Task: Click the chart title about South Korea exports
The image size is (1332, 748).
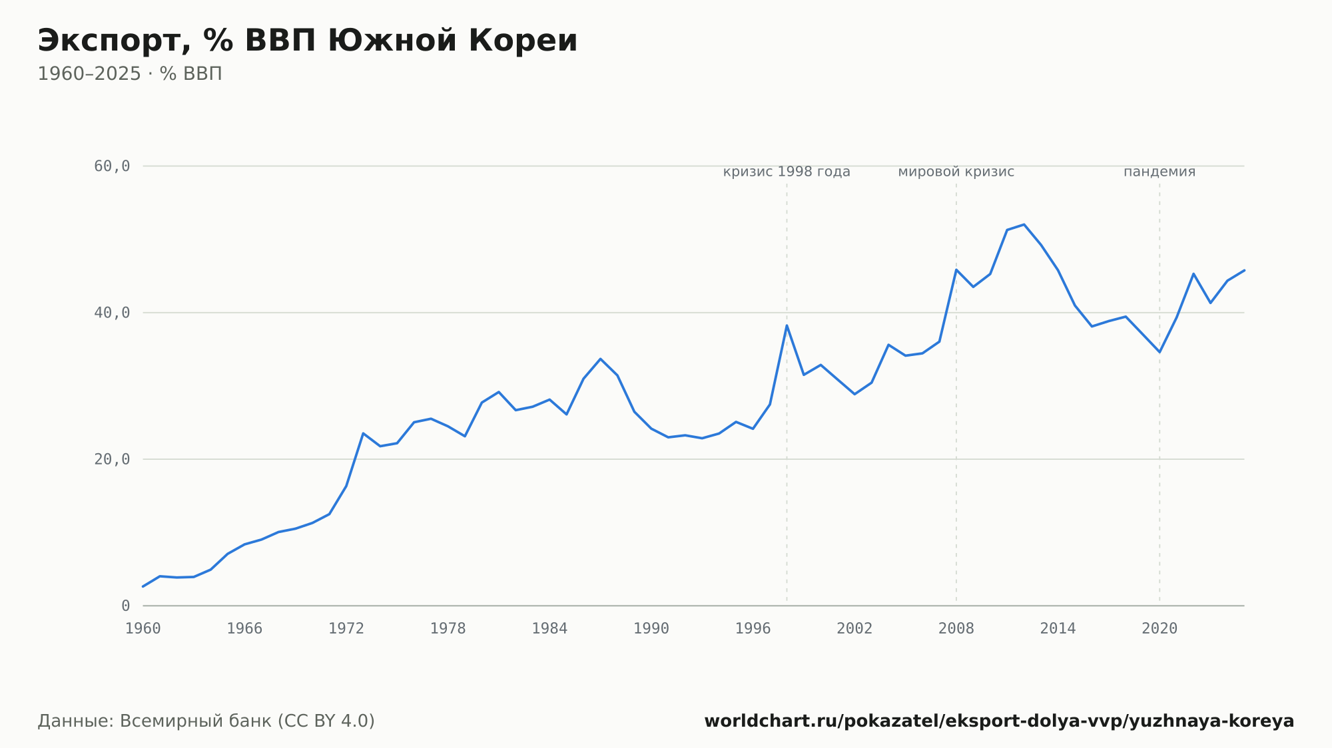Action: tap(307, 41)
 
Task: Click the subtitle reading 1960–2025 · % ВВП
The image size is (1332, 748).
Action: tap(130, 74)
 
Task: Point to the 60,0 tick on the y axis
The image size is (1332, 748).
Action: tap(112, 166)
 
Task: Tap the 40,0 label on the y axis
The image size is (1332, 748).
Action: tap(112, 313)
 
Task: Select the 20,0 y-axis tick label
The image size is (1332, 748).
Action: tap(112, 459)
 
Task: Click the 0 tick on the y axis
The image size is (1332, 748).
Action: tap(125, 606)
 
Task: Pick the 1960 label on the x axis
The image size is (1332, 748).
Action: tap(143, 629)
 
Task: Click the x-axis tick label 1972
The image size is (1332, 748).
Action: tap(346, 629)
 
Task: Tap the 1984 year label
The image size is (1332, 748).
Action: tap(549, 629)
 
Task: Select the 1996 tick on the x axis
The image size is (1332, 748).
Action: tap(753, 629)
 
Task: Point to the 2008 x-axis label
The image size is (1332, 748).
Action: tap(956, 629)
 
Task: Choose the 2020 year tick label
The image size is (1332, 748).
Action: tap(1160, 629)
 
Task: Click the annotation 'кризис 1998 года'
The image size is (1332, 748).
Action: tap(787, 172)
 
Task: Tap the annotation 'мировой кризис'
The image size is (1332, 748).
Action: tap(956, 172)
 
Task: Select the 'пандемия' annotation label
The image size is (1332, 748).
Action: tap(1160, 172)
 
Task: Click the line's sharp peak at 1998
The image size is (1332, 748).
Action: tap(787, 325)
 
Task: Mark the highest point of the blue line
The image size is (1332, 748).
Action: tap(1024, 224)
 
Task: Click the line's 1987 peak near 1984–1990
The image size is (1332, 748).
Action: tap(600, 359)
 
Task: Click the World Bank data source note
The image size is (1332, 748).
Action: tap(206, 721)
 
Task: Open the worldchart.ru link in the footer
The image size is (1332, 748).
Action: tap(999, 721)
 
